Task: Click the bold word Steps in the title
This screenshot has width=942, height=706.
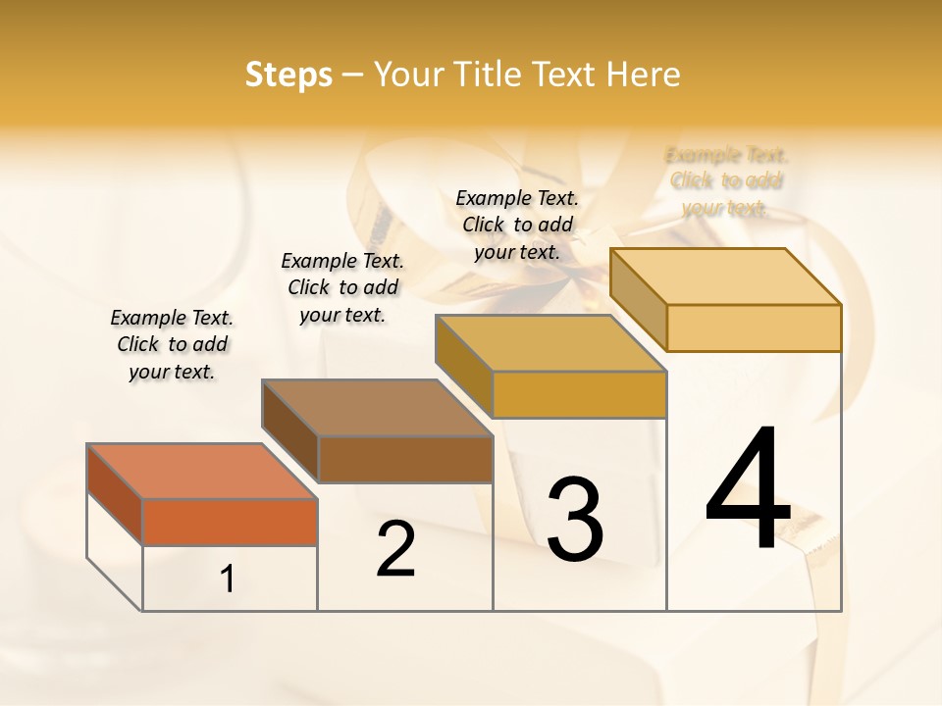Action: tap(288, 75)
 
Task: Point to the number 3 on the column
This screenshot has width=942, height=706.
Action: tap(575, 520)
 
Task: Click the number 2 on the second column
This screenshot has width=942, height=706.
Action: tap(395, 549)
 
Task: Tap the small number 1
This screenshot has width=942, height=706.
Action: tap(228, 580)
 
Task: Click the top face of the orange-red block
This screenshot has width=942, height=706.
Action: tap(201, 472)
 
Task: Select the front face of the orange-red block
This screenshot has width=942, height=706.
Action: tap(230, 522)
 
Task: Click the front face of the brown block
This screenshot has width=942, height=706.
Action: tap(405, 459)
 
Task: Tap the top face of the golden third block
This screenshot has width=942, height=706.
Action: tap(550, 343)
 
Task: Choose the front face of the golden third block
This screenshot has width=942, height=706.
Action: tap(579, 394)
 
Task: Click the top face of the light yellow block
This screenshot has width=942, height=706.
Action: tap(725, 277)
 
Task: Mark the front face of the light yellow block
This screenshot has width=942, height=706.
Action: tap(754, 328)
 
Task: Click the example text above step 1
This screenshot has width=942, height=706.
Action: tap(172, 344)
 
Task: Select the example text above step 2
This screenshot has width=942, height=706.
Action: tap(342, 287)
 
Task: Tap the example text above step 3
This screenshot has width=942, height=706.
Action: tap(517, 225)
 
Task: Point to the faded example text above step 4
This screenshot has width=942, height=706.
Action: tap(726, 181)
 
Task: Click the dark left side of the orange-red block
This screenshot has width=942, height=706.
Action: tap(115, 494)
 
